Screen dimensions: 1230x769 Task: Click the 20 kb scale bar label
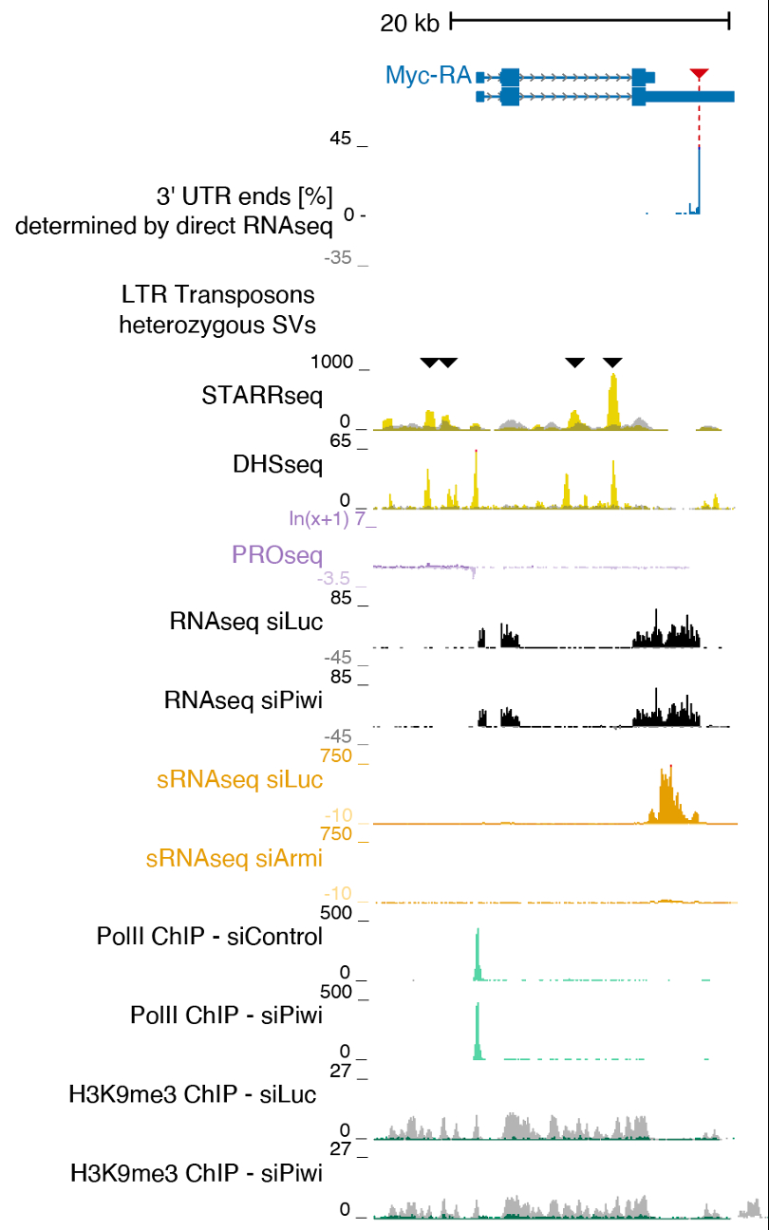410,23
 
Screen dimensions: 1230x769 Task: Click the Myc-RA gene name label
428,75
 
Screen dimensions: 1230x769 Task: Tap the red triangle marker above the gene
699,74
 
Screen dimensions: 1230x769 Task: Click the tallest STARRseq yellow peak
613,399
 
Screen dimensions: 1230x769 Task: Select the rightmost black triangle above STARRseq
612,362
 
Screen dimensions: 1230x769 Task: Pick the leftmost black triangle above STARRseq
430,362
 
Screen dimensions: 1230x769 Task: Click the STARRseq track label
262,395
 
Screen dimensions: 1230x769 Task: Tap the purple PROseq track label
276,554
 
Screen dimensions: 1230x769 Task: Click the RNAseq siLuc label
246,622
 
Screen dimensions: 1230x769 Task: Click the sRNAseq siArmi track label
234,860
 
